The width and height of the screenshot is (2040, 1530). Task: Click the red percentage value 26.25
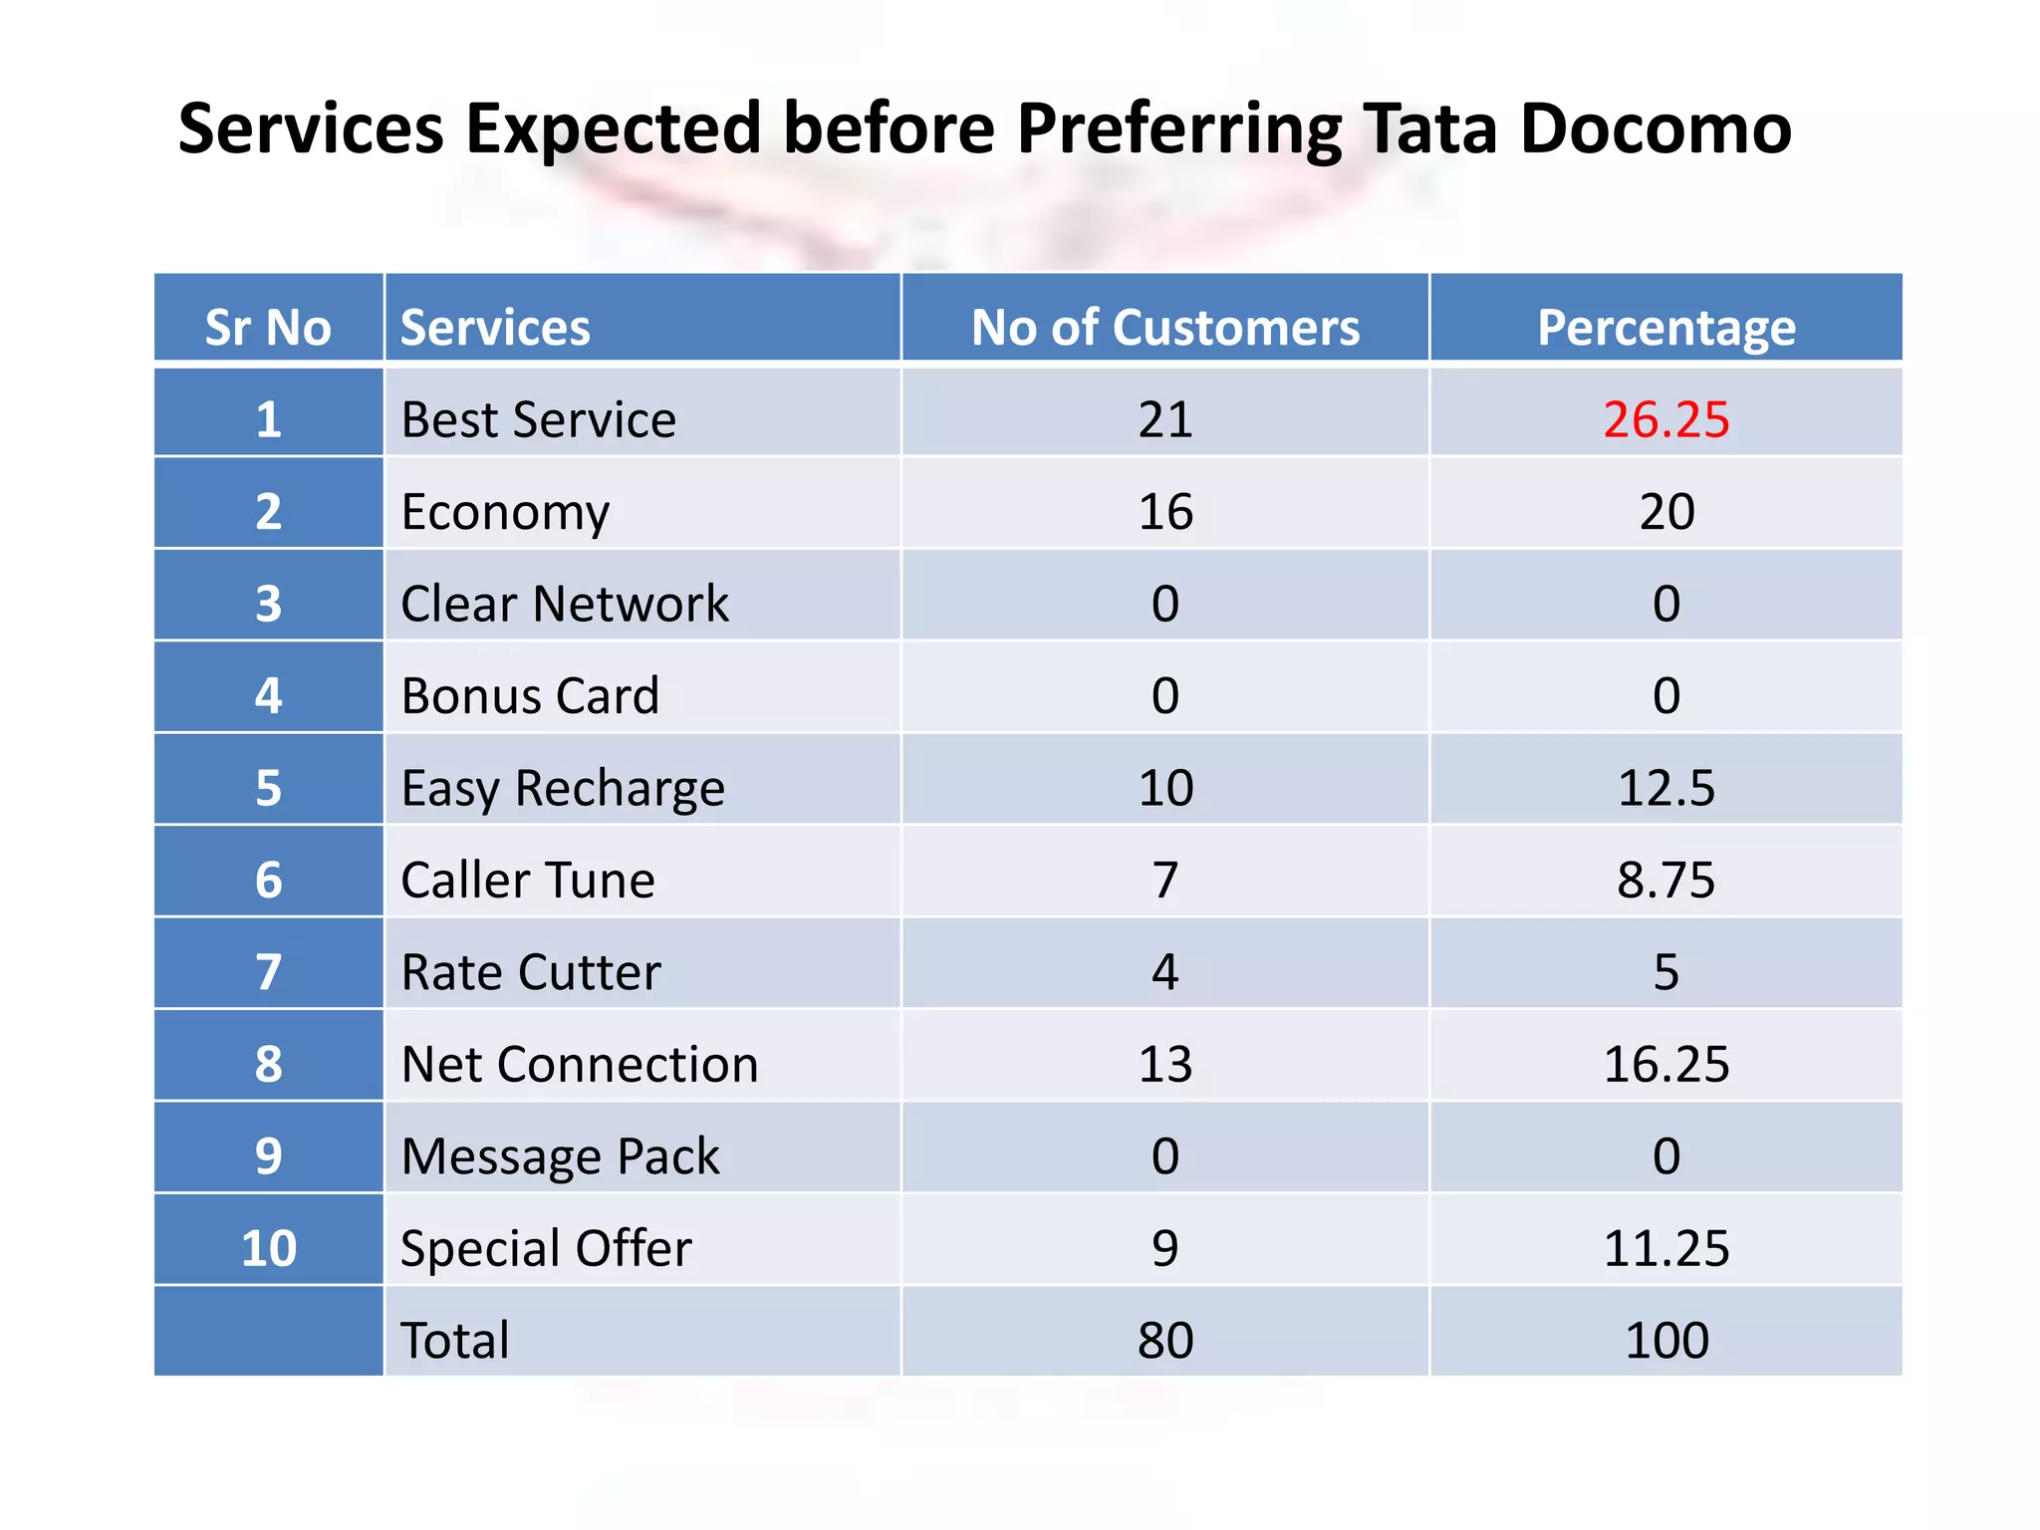pyautogui.click(x=1665, y=419)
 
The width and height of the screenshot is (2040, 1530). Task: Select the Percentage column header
pyautogui.click(x=1665, y=328)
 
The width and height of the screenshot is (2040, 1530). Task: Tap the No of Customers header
pyautogui.click(x=1164, y=328)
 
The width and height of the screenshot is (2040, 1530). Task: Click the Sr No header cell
pyautogui.click(x=268, y=328)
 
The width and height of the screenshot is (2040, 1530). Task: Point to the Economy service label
pyautogui.click(x=505, y=512)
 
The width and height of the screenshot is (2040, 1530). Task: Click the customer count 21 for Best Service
pyautogui.click(x=1164, y=419)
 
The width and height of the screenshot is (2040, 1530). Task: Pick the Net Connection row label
pyautogui.click(x=580, y=1064)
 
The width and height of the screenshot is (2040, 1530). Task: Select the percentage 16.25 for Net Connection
pyautogui.click(x=1665, y=1064)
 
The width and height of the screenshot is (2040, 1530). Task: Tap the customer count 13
pyautogui.click(x=1164, y=1064)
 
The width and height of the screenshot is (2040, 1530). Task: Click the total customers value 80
pyautogui.click(x=1164, y=1340)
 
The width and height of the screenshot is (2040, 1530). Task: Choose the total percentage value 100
pyautogui.click(x=1665, y=1340)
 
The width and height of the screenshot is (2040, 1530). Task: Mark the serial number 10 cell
pyautogui.click(x=268, y=1248)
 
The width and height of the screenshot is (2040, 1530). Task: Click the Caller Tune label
pyautogui.click(x=528, y=881)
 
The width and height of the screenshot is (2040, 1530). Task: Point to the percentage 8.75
pyautogui.click(x=1665, y=881)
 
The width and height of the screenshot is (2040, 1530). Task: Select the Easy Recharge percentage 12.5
pyautogui.click(x=1665, y=788)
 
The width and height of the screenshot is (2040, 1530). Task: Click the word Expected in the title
pyautogui.click(x=613, y=129)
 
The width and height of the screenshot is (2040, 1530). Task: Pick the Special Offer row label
pyautogui.click(x=546, y=1248)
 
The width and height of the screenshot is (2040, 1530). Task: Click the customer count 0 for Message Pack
pyautogui.click(x=1164, y=1156)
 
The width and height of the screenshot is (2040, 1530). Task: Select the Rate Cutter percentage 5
pyautogui.click(x=1665, y=972)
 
